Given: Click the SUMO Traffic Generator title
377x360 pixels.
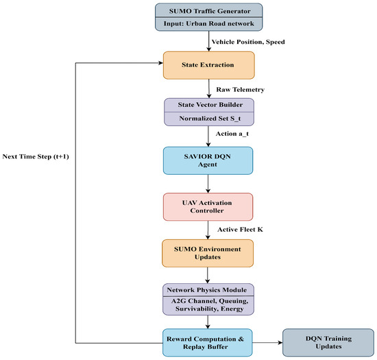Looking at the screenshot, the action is [x=210, y=11].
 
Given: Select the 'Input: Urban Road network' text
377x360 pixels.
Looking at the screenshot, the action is [x=208, y=23].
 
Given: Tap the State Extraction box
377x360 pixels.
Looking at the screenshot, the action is [x=208, y=65].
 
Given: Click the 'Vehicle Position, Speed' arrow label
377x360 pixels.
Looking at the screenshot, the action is [x=248, y=42].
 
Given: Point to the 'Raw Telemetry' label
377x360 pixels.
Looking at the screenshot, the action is [x=240, y=89].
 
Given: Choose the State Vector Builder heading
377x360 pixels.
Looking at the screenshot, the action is [x=210, y=105].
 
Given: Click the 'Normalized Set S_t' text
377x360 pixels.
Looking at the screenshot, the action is [x=210, y=119].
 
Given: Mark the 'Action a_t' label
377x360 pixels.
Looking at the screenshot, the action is [x=232, y=134].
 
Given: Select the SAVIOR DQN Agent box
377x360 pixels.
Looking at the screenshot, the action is [x=208, y=160].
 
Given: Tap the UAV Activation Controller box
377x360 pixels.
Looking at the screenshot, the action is [x=208, y=207].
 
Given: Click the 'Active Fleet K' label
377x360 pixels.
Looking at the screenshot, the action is [x=240, y=230].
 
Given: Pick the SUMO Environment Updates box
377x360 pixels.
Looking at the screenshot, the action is [x=208, y=253].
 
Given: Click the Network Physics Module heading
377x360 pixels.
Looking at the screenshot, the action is [x=207, y=290].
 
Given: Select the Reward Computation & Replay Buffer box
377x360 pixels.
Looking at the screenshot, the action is [x=208, y=343].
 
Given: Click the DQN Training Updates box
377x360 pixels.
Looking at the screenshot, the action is [x=328, y=343].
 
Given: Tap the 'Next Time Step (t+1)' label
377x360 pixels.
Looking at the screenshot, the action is [x=36, y=156].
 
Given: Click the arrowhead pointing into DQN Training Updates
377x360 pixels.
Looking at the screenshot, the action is [x=280, y=342].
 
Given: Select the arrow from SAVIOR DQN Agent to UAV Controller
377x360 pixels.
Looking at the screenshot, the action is [x=208, y=184].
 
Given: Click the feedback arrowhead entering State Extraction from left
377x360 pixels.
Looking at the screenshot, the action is [x=161, y=63].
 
